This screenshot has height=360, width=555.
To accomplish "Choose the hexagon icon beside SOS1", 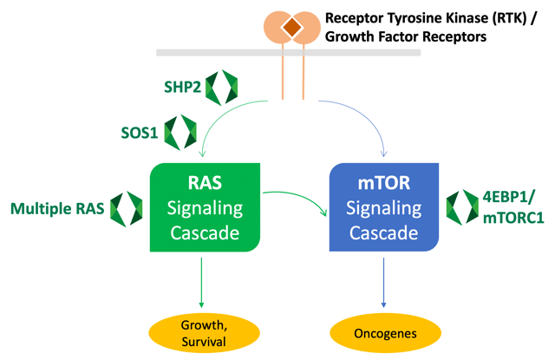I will click(x=180, y=132).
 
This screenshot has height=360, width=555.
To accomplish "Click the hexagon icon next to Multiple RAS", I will click(x=126, y=208).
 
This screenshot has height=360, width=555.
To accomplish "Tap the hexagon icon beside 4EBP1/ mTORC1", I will click(x=462, y=208).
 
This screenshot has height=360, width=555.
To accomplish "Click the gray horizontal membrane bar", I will click(x=217, y=53).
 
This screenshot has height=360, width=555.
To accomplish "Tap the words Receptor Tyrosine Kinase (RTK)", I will click(x=423, y=17).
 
